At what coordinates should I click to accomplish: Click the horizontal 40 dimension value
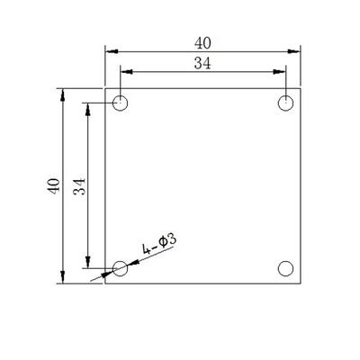point(202,43)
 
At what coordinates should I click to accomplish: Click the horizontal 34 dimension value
point(202,64)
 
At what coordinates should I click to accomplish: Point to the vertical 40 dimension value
point(54,186)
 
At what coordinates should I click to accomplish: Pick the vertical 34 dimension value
point(79,186)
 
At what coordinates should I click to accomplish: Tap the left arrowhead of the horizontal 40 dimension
point(112,51)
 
